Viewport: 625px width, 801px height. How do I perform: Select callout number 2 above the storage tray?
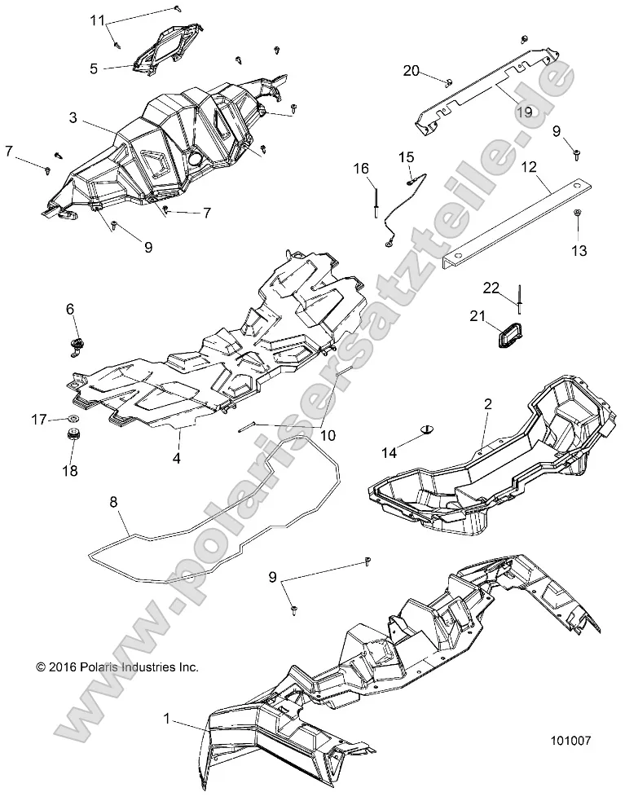pyautogui.click(x=487, y=404)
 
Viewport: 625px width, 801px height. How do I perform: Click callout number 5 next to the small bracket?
pyautogui.click(x=94, y=69)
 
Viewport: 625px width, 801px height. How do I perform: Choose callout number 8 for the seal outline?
pyautogui.click(x=113, y=504)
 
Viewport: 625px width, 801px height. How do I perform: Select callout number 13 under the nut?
pyautogui.click(x=579, y=251)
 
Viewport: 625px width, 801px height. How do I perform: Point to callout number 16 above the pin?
pyautogui.click(x=361, y=169)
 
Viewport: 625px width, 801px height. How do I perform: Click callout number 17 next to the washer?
pyautogui.click(x=38, y=420)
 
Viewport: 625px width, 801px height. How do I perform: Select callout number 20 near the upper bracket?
pyautogui.click(x=412, y=71)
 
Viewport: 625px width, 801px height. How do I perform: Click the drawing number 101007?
pyautogui.click(x=570, y=742)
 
